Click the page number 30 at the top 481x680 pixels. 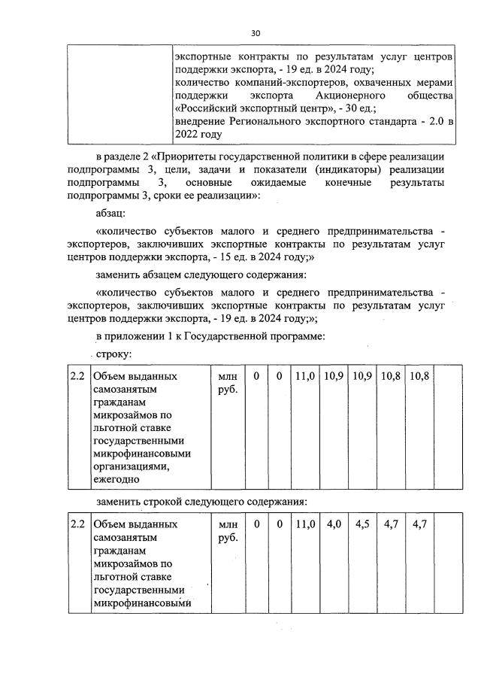pyautogui.click(x=256, y=33)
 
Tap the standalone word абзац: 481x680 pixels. pyautogui.click(x=113, y=214)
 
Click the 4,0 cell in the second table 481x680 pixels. pyautogui.click(x=334, y=524)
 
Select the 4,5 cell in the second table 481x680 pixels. pyautogui.click(x=362, y=524)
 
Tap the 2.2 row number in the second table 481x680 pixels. pyautogui.click(x=77, y=524)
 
